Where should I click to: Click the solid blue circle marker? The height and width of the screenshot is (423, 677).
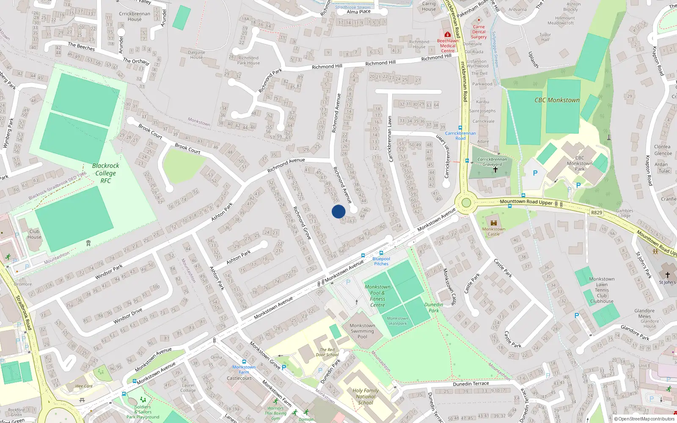click(338, 211)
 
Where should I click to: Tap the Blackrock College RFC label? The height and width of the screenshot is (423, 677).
click(105, 173)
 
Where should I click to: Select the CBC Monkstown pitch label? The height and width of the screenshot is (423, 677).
click(557, 100)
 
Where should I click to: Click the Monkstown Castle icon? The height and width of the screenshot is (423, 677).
click(493, 222)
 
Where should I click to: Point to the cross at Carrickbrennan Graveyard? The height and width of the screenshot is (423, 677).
click(495, 170)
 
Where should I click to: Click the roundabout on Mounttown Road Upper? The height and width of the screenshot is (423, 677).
click(466, 203)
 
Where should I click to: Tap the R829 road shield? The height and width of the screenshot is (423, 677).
click(596, 212)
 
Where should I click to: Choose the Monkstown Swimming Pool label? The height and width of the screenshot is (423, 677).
click(362, 331)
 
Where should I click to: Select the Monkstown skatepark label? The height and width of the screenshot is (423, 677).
click(397, 321)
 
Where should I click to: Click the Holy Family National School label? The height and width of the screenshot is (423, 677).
click(366, 397)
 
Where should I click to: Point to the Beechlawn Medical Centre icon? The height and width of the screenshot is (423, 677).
click(447, 34)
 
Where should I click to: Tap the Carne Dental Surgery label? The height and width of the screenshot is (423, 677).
click(479, 32)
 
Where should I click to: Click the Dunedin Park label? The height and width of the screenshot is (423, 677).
click(434, 308)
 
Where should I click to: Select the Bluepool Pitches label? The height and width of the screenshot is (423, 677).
click(381, 261)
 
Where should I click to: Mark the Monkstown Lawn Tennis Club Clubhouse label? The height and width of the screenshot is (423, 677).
click(602, 290)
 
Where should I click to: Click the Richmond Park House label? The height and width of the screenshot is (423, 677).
click(248, 60)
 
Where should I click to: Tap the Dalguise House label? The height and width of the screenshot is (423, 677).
click(196, 55)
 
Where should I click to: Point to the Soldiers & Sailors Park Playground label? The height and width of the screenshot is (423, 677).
click(143, 412)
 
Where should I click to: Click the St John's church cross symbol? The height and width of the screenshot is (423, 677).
click(668, 275)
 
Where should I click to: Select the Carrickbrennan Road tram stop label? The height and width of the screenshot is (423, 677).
click(460, 136)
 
